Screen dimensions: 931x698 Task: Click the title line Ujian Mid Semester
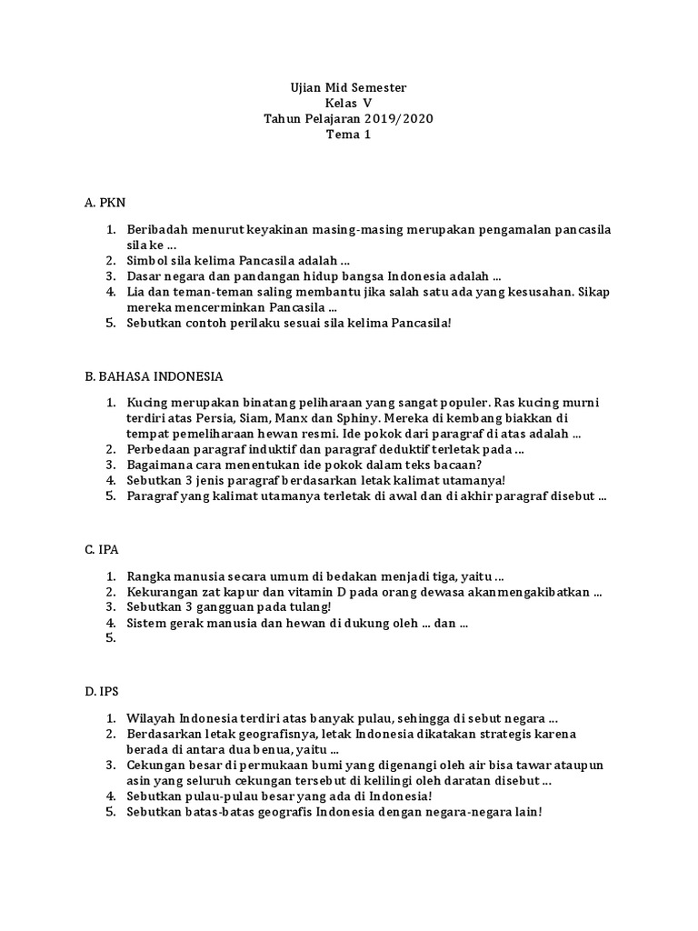349,87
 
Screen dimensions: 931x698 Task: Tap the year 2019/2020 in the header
402,119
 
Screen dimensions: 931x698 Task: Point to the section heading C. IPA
102,549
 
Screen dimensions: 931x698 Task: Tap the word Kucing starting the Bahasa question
146,402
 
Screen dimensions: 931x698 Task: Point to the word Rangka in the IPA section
148,576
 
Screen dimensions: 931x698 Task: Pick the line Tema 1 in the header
349,135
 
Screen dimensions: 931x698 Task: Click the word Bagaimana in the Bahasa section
160,465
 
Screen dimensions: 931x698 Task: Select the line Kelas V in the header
349,104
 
